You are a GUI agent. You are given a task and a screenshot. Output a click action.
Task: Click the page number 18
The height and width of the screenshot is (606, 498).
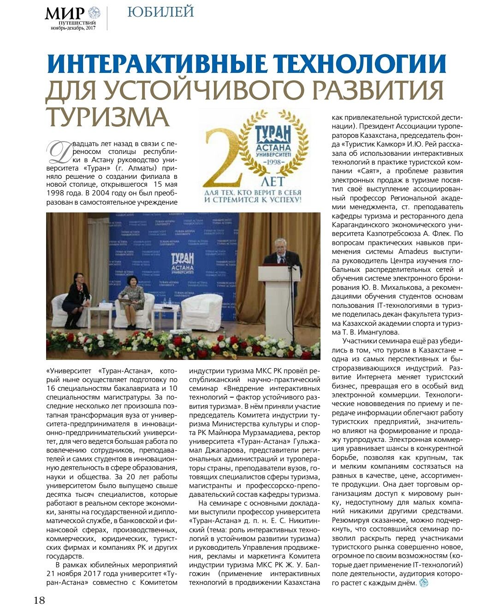tap(39, 600)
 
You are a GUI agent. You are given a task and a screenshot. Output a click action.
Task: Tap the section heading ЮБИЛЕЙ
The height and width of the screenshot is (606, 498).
tap(160, 12)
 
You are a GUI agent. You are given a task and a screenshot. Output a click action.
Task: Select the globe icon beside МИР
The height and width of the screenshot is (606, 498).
tap(94, 12)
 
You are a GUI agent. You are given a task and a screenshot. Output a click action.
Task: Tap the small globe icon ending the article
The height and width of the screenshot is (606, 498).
tap(423, 583)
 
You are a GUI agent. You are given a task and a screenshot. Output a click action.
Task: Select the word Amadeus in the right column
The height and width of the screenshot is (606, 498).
tap(413, 252)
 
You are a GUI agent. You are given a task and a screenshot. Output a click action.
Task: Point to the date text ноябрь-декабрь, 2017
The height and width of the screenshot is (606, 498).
tap(73, 28)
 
